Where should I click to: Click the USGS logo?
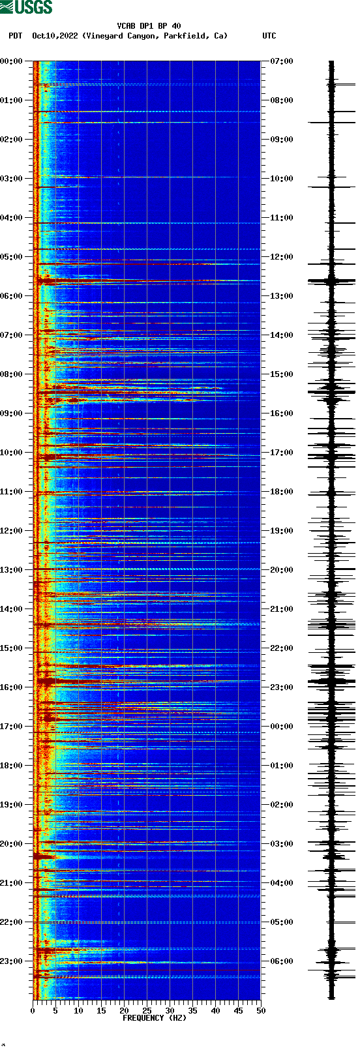pos(26,7)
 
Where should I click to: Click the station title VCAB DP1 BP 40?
pos(149,26)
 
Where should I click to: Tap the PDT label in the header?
pos(15,36)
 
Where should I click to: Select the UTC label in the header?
pos(269,36)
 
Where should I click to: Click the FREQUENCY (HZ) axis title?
pos(154,1018)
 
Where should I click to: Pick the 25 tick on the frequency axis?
pos(147,1011)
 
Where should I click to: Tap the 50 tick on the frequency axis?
pos(261,1011)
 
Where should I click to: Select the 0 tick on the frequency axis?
pos(33,1011)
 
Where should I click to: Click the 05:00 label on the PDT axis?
pos(12,257)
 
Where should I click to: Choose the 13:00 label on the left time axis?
pos(12,570)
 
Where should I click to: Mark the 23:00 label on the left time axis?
pos(12,961)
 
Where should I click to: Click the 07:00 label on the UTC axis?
pos(282,61)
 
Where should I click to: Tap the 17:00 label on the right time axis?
pos(282,453)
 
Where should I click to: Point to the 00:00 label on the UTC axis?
pos(282,727)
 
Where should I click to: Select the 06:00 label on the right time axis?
pos(282,961)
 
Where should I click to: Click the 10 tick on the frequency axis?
pos(78,1011)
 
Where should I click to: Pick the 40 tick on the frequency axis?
pos(215,1011)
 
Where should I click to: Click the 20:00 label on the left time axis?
pos(12,844)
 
